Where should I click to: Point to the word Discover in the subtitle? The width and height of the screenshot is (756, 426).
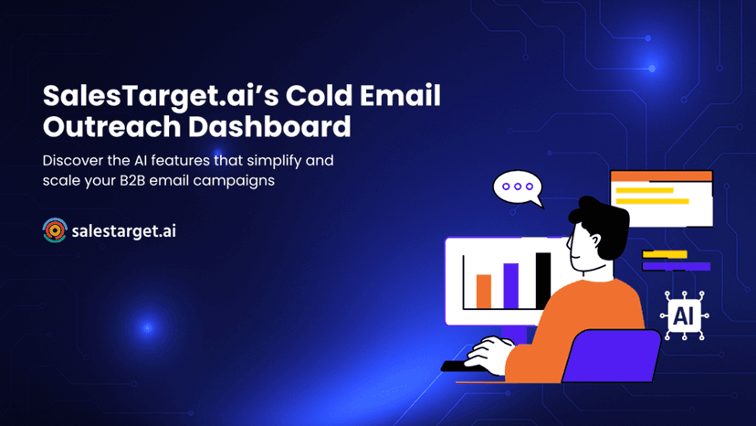[73, 160]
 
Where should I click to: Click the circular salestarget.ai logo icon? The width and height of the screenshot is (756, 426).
[55, 230]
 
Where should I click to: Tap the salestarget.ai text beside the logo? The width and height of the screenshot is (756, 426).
[123, 231]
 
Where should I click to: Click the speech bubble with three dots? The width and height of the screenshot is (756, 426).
[518, 187]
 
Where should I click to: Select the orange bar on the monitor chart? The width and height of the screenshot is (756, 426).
[484, 291]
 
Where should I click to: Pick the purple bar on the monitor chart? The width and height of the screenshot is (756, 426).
[511, 285]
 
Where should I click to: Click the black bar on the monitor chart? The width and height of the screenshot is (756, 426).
[542, 280]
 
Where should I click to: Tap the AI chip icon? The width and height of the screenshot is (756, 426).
[683, 316]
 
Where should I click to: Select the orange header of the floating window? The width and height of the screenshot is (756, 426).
[661, 176]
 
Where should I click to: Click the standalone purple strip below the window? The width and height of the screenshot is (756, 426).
[676, 266]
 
